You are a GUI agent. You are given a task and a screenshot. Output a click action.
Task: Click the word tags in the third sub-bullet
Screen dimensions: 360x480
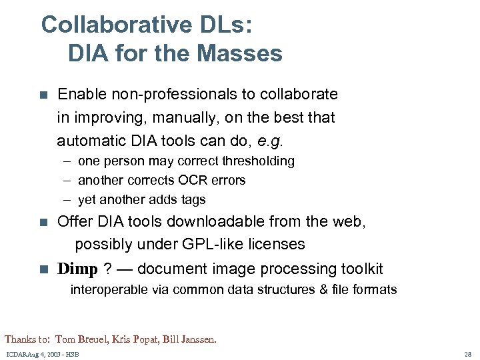[193, 200]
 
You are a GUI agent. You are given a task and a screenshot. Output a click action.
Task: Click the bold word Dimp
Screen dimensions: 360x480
[77, 269]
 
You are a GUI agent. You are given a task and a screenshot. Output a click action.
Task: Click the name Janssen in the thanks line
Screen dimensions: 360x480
[199, 339]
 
